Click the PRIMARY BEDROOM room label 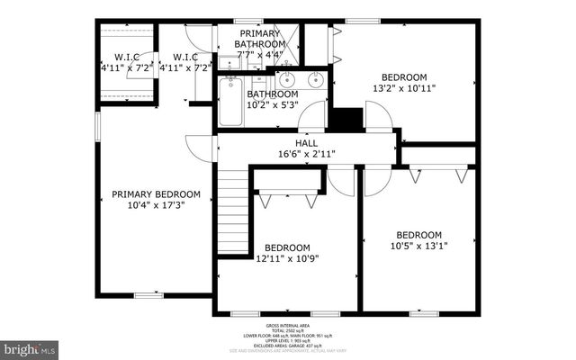150,193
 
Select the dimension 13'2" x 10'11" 404,88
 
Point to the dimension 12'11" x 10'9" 287,259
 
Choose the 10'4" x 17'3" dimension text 150,205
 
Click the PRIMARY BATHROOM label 260,38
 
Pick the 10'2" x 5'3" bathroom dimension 273,104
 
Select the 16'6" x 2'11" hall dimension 306,154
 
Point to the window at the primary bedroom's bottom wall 148,294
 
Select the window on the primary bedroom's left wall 97,127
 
